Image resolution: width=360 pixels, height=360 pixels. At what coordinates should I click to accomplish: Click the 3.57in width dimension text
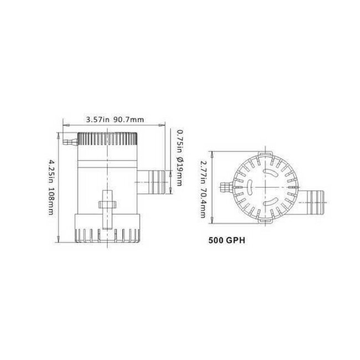click(97, 119)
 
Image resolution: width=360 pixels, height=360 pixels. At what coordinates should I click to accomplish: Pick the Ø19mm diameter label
click(179, 172)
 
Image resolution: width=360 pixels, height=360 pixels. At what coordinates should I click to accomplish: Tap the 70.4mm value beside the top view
click(204, 199)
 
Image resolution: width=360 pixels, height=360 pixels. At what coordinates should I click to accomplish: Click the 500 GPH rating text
click(227, 241)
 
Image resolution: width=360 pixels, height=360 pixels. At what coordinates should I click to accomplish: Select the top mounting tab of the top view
click(265, 151)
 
